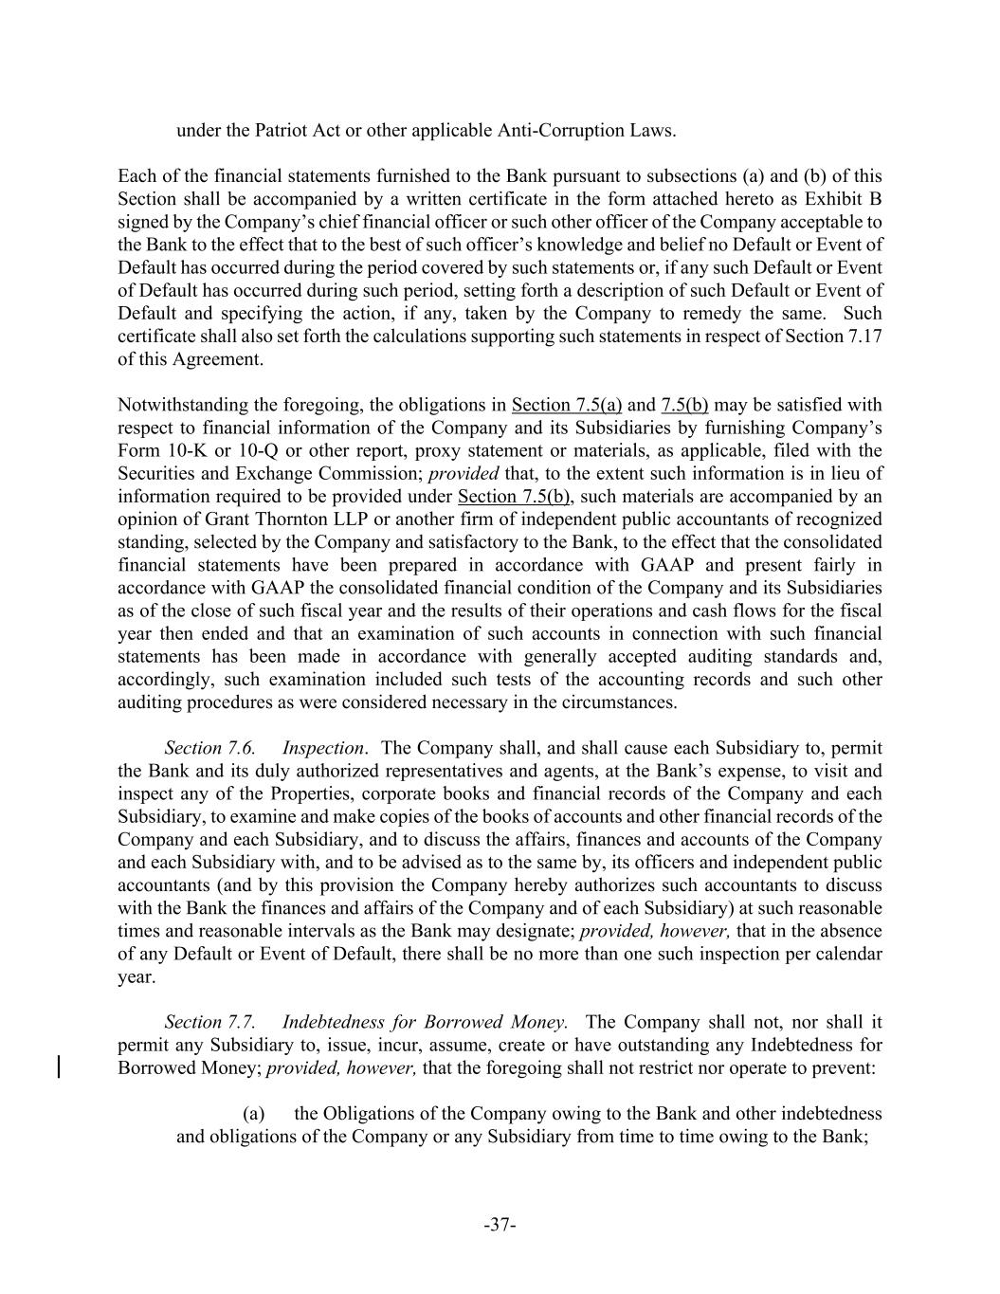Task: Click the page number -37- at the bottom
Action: click(500, 1225)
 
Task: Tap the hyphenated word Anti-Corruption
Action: click(561, 130)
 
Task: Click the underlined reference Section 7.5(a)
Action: click(566, 405)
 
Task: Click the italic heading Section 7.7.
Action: click(209, 1022)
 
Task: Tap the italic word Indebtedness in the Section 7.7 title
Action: click(342, 1022)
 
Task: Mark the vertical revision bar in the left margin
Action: click(61, 1067)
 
